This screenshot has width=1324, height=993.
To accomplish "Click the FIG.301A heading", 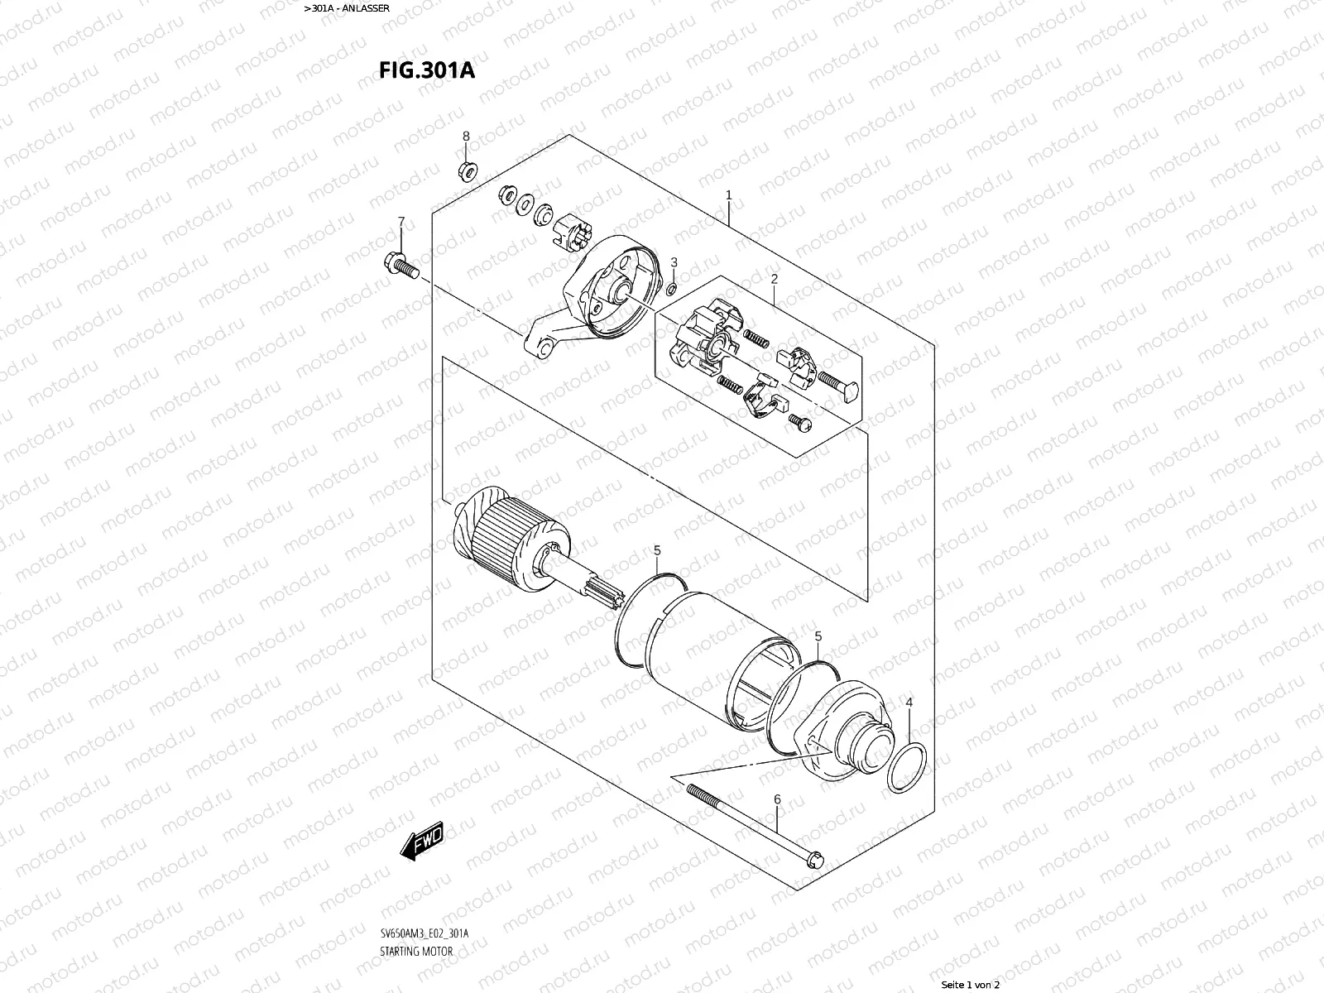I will (x=427, y=69).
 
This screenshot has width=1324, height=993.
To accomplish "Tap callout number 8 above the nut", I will (x=466, y=136).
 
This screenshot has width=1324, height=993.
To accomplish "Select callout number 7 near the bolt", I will (x=401, y=222).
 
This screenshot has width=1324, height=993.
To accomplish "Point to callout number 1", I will (x=728, y=195).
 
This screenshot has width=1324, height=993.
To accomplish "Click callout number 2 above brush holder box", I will (x=774, y=279).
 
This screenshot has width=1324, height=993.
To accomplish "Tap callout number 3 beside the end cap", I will (x=674, y=262).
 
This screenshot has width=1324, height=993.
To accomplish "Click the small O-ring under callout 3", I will (x=672, y=288).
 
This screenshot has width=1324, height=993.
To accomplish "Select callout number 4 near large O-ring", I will (x=909, y=703).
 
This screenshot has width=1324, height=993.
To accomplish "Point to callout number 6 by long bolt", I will (x=777, y=799).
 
